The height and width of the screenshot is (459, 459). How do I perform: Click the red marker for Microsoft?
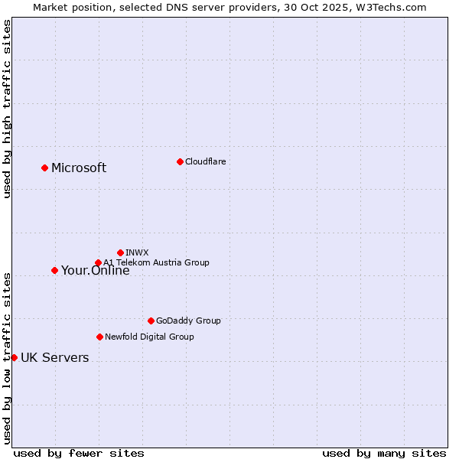[x=44, y=168]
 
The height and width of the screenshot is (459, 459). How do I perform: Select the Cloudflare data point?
[x=180, y=161]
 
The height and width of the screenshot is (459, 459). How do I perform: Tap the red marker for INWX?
[x=120, y=252]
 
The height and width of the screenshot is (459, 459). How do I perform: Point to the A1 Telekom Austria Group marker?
[x=98, y=262]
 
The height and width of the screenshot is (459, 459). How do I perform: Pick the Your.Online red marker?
[x=54, y=270]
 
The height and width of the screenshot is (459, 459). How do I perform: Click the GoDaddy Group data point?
[x=151, y=321]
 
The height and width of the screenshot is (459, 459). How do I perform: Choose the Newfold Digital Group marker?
[x=99, y=337]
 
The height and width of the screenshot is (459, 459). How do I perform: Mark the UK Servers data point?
[x=14, y=357]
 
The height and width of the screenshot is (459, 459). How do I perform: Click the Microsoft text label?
[x=79, y=168]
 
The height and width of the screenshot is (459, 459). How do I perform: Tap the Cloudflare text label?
[x=205, y=161]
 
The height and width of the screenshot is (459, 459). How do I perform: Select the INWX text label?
[x=137, y=252]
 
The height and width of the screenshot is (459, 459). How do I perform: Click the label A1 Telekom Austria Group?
[x=156, y=262]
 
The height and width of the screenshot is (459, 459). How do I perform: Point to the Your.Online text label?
[x=96, y=271]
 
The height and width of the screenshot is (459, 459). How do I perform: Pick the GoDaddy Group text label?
[x=188, y=321]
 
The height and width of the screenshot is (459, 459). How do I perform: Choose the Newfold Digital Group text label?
[x=149, y=337]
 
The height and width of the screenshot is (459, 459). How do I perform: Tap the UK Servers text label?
[x=54, y=358]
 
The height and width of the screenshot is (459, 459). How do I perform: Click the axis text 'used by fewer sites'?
[x=79, y=453]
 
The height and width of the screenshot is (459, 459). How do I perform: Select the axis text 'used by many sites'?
[x=384, y=453]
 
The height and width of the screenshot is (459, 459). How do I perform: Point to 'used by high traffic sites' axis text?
[x=7, y=109]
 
